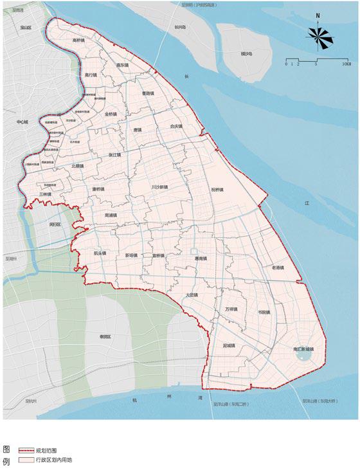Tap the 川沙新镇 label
point(159,187)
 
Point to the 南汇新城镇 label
point(303,349)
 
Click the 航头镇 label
point(100,253)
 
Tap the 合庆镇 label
point(176,127)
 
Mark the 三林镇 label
point(45,194)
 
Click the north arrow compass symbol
point(319,38)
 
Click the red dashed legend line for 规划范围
point(26,450)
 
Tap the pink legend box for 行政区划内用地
point(26,460)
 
